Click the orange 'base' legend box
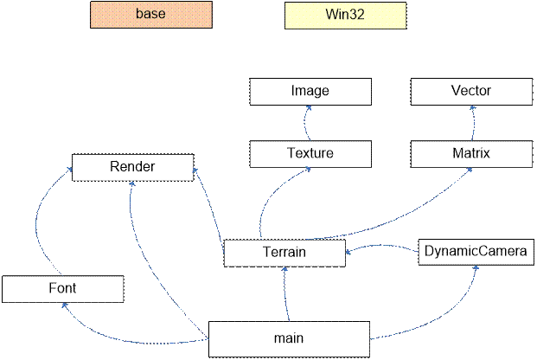150,15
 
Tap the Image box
310,90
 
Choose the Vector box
471,90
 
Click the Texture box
310,154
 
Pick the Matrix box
471,154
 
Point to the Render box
132,167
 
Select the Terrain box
284,253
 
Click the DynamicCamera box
474,252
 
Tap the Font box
62,288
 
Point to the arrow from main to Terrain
285,294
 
